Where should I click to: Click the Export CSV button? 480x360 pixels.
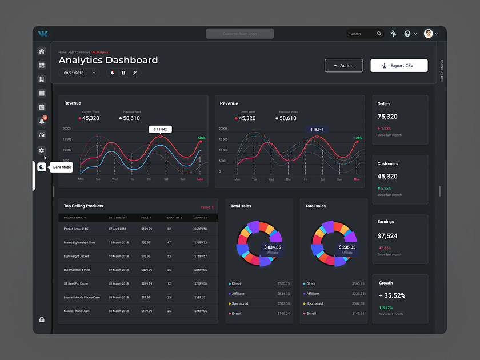[x=399, y=66]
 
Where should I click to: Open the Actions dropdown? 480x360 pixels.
[x=343, y=66]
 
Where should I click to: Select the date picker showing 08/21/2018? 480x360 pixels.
[x=78, y=73]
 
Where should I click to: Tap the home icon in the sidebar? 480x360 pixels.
[x=42, y=51]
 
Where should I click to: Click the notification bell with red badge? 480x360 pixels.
[x=42, y=121]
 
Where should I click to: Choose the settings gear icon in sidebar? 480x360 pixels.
[x=42, y=150]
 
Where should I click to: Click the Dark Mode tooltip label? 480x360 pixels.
[x=62, y=167]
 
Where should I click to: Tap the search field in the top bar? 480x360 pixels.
[x=362, y=34]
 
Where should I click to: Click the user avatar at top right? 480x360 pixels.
[x=429, y=34]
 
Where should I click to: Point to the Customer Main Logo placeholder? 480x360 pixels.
[x=239, y=34]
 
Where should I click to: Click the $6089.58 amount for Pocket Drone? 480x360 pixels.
[x=200, y=229]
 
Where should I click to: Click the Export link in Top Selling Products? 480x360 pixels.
[x=207, y=207]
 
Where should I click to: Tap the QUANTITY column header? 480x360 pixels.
[x=174, y=218]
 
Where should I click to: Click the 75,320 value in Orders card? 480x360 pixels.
[x=387, y=117]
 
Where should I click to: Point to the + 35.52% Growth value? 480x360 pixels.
[x=392, y=295]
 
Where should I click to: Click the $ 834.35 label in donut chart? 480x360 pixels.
[x=272, y=247]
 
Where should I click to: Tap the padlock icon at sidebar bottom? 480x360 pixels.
[x=42, y=319]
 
